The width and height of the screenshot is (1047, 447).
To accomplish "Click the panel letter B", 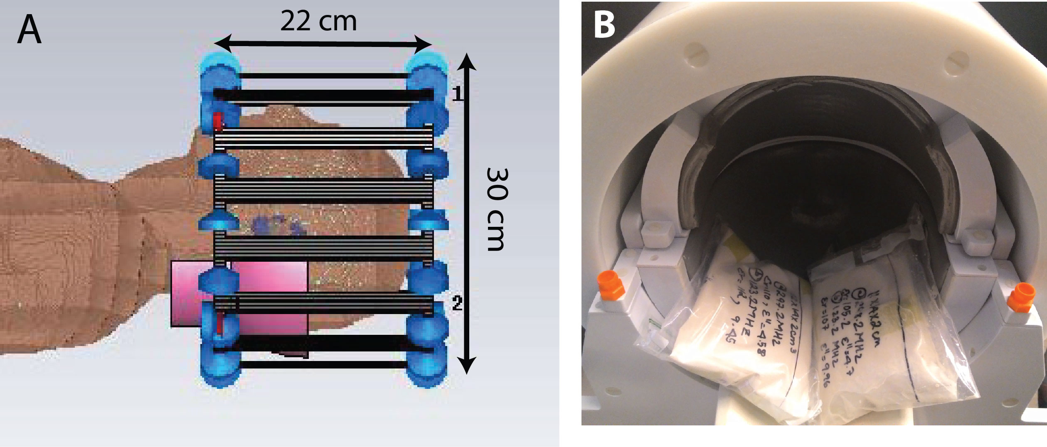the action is [604, 25].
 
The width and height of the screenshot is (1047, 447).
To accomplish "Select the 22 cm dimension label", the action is [318, 22].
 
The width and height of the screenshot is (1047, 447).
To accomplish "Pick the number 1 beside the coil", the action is [457, 94].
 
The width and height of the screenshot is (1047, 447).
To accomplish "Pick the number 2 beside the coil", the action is [457, 303].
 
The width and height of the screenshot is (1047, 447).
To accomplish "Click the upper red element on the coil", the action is [217, 121].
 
